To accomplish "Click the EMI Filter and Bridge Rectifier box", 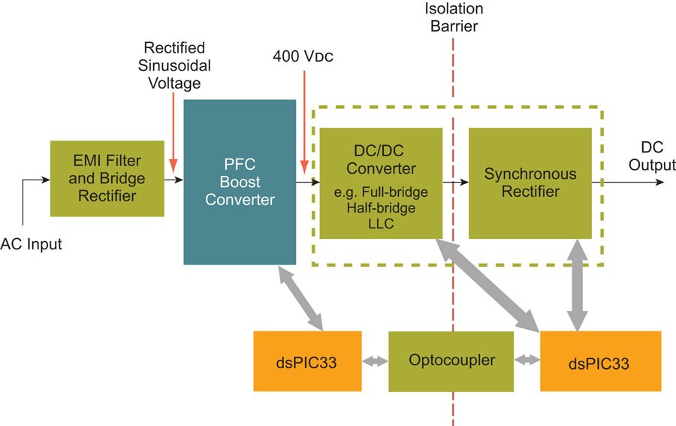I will (x=107, y=178).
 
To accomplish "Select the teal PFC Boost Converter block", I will (x=240, y=182).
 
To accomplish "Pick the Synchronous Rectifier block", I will (x=530, y=183).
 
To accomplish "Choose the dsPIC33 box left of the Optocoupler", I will (x=305, y=361).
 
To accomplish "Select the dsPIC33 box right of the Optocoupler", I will (x=599, y=361).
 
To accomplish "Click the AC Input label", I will (x=31, y=243).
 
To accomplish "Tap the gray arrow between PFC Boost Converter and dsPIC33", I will (x=300, y=298).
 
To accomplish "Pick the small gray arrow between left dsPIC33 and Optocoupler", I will (x=374, y=361).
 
